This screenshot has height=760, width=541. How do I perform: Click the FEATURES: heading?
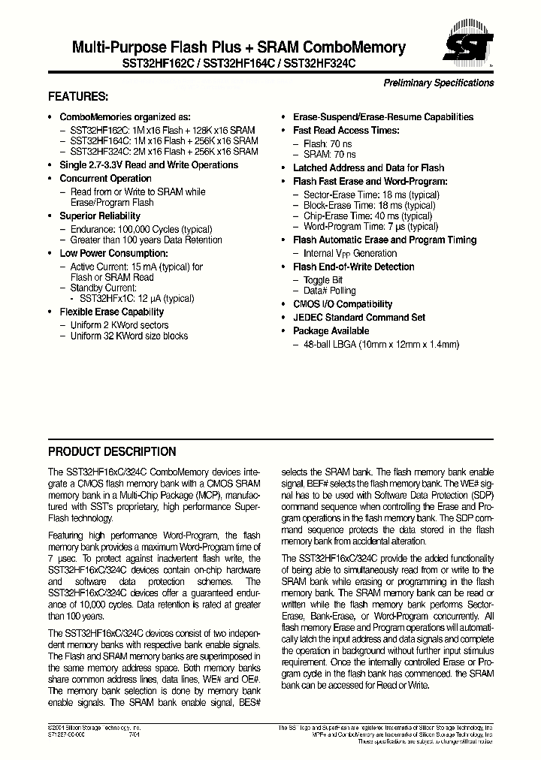78,97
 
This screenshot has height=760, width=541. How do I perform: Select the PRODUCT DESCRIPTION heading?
112,451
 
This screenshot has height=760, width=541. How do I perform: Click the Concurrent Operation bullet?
105,179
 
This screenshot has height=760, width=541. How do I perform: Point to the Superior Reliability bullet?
100,216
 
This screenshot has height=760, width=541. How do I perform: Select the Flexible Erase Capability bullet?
111,312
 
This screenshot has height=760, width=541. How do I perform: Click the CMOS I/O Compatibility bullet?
343,304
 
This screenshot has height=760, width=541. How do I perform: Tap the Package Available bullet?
331,331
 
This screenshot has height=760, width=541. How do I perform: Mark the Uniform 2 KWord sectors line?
119,325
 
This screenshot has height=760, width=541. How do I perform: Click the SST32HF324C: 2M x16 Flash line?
164,152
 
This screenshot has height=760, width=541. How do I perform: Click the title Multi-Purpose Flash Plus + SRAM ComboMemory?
238,48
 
